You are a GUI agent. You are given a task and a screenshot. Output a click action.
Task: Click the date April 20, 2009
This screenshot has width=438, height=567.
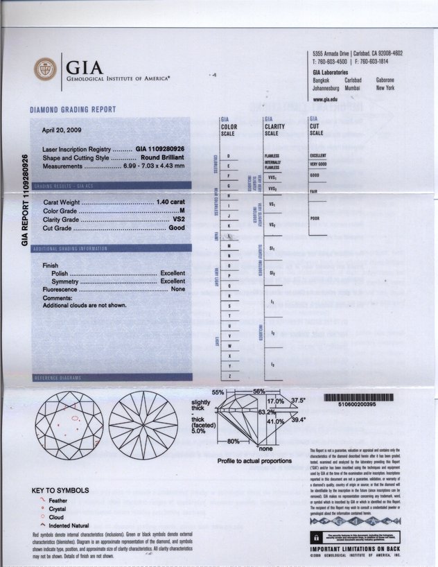click(63, 130)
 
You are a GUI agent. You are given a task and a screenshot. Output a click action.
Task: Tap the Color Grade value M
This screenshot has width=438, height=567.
click(182, 210)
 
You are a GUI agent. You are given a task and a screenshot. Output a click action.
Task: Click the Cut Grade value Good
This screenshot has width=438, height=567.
click(177, 228)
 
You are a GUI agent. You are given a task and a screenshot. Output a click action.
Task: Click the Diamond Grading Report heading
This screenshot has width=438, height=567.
click(73, 110)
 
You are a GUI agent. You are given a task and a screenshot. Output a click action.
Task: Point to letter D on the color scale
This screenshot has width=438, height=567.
click(229, 157)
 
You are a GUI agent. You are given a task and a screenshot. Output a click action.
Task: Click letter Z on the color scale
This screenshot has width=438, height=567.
click(229, 376)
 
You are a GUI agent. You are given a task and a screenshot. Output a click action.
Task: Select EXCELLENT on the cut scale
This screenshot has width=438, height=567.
click(319, 155)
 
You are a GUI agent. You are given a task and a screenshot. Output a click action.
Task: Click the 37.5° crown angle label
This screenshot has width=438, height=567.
click(298, 401)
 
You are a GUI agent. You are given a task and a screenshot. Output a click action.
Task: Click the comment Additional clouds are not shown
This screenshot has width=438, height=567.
click(85, 306)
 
